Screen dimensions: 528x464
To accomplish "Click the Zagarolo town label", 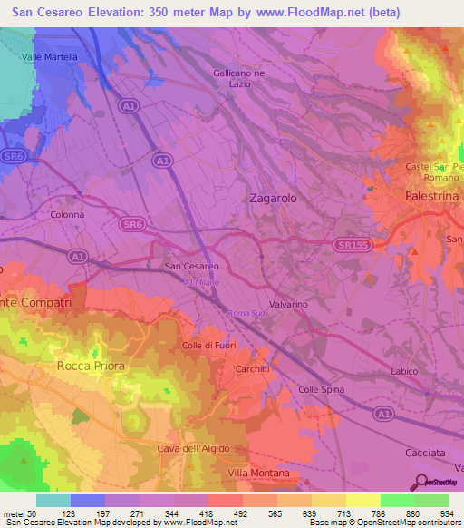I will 273,197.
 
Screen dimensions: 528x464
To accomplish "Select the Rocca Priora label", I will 91,365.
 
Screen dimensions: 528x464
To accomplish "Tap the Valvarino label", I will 288,306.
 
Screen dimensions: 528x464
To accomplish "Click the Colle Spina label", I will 322,389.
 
